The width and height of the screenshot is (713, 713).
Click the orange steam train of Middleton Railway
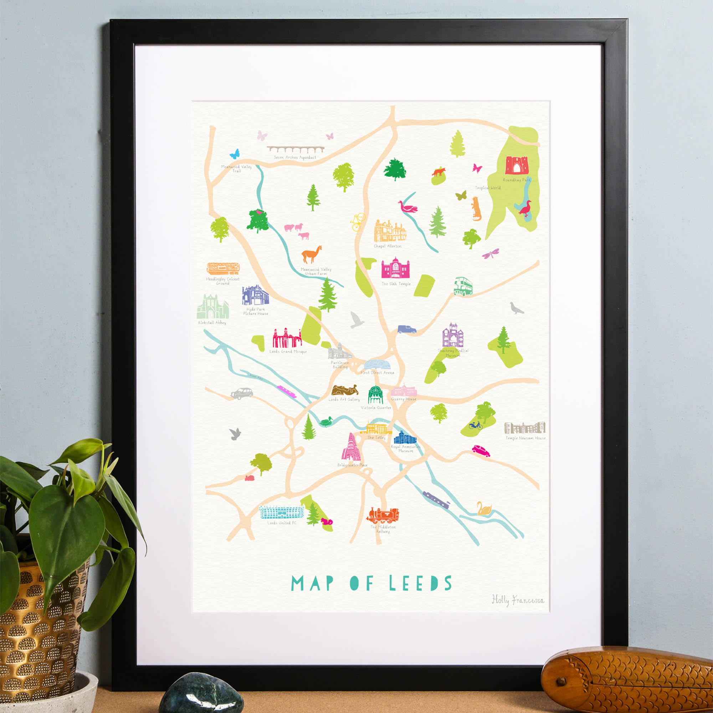click(383, 515)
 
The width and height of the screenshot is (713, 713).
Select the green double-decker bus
click(463, 286)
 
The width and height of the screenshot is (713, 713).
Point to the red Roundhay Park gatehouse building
click(517, 165)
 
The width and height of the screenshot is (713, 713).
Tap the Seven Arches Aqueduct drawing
click(295, 149)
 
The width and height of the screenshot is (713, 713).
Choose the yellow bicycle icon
click(358, 221)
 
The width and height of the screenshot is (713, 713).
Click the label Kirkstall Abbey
click(212, 323)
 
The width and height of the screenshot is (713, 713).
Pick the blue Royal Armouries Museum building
click(405, 437)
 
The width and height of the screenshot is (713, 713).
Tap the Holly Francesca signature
click(517, 600)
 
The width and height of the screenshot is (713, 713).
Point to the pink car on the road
click(481, 451)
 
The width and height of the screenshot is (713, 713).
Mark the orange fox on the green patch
click(439, 171)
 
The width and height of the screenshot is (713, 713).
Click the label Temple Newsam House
click(525, 438)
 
